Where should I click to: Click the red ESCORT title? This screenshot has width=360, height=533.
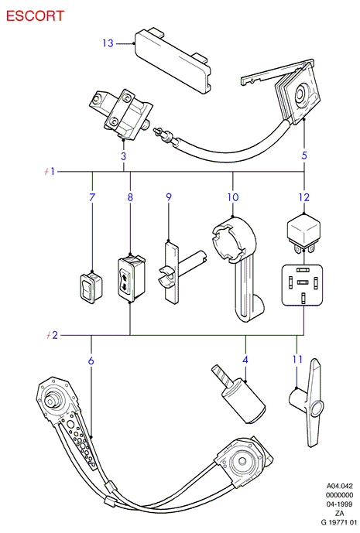[35, 16]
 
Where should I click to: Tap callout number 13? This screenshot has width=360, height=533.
[108, 43]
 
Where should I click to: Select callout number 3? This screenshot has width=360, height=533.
[123, 156]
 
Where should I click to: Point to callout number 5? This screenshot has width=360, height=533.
[304, 155]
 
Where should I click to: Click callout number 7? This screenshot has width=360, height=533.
[92, 197]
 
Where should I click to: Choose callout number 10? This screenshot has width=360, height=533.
[233, 197]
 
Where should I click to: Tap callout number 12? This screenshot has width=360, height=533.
[304, 197]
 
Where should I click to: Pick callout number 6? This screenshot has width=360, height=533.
[91, 360]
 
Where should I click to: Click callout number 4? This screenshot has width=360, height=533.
[245, 360]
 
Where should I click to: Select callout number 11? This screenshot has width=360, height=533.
[297, 359]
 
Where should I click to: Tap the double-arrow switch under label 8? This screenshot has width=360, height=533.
[131, 278]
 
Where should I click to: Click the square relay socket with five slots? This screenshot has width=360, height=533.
[302, 285]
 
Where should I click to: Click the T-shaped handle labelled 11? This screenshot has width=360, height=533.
[310, 403]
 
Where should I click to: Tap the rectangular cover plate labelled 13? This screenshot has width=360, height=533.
[173, 61]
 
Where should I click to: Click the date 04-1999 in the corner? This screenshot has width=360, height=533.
[339, 504]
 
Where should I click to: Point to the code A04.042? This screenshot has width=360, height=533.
[340, 486]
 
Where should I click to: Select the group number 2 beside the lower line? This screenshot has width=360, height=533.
[54, 335]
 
